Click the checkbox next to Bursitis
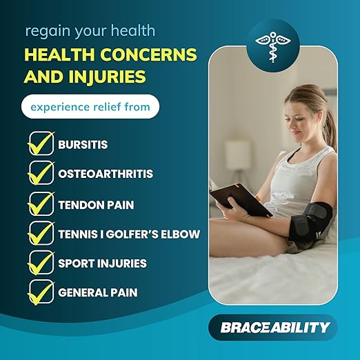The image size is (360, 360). point(40,145)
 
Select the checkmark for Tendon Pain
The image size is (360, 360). point(40,204)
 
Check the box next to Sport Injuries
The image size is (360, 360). point(40,263)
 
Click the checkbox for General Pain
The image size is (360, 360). point(40,292)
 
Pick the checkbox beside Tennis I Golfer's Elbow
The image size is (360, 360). point(40,234)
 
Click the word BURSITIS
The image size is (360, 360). point(83,146)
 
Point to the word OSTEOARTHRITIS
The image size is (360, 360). point(105,175)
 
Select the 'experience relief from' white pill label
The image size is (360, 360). point(89,107)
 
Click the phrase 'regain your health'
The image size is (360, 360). point(90,31)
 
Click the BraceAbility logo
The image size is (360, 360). point(274,327)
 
